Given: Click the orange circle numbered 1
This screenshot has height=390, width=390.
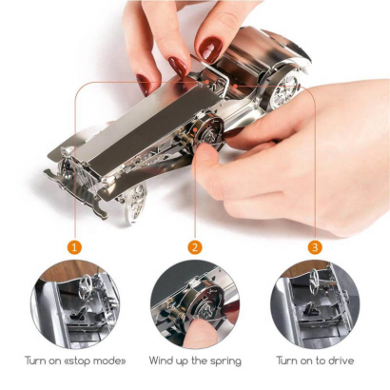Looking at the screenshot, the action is pyautogui.click(x=74, y=247).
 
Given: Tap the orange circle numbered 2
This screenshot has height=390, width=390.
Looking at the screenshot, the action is pyautogui.click(x=195, y=247).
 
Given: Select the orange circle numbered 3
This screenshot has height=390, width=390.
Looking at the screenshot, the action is pyautogui.click(x=315, y=247).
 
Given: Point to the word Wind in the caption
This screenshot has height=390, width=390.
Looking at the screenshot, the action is pyautogui.click(x=163, y=361).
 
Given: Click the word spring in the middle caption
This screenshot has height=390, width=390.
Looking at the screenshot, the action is pyautogui.click(x=224, y=361).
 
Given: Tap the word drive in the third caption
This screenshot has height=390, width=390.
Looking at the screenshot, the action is pyautogui.click(x=341, y=361).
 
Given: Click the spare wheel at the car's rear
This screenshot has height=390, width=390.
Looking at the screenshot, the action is pyautogui.click(x=283, y=91).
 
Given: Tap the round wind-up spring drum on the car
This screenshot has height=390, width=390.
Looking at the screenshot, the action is pyautogui.click(x=207, y=133).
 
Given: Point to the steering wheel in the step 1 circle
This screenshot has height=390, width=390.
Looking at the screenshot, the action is pyautogui.click(x=86, y=283).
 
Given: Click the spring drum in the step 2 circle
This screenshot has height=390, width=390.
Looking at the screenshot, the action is pyautogui.click(x=206, y=298).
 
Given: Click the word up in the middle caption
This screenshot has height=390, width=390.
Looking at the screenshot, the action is pyautogui.click(x=186, y=361).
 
